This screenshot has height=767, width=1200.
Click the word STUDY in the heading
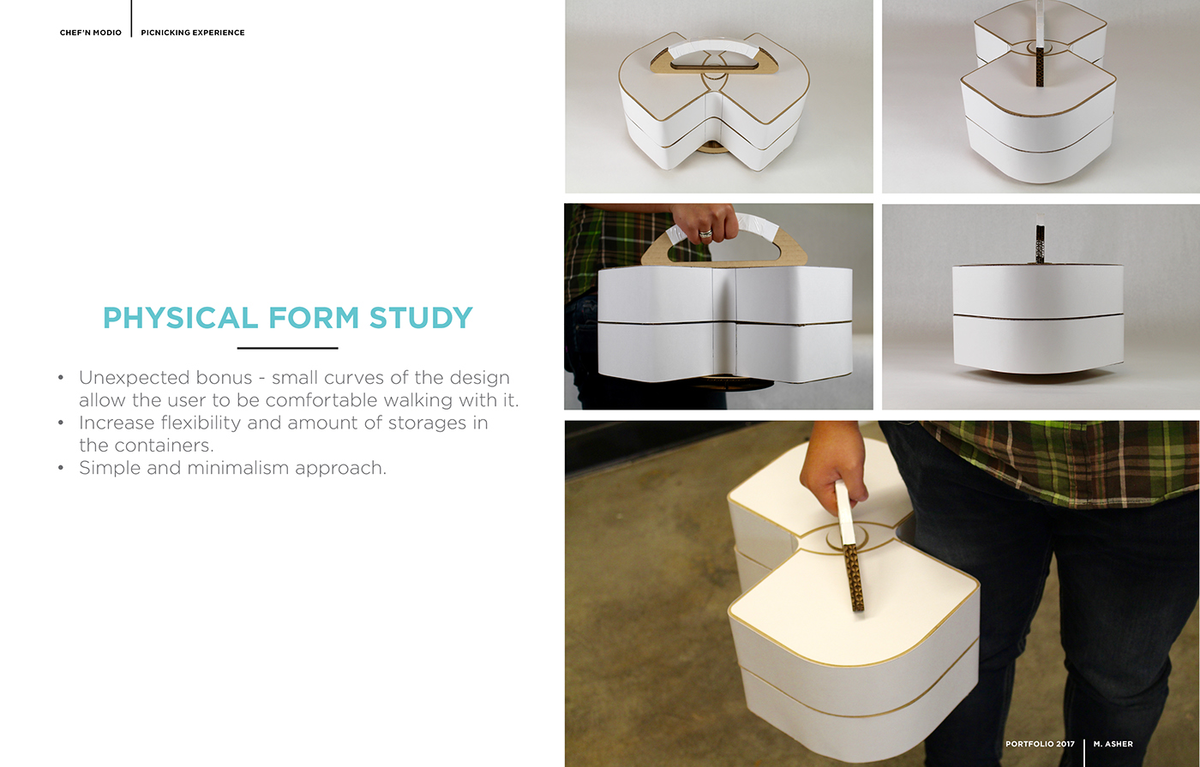(x=421, y=318)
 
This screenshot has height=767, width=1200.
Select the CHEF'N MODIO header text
(x=91, y=33)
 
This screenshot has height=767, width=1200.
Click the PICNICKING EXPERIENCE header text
(x=193, y=33)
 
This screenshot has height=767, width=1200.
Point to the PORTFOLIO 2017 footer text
(x=1040, y=744)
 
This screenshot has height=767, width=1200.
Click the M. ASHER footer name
(x=1113, y=744)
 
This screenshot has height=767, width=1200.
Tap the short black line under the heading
(x=287, y=348)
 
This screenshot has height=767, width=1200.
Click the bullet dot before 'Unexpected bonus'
(x=61, y=378)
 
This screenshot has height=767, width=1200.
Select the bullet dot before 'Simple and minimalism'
(x=61, y=468)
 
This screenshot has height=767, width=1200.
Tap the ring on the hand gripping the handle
(x=705, y=232)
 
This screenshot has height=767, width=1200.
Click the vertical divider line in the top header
(x=132, y=19)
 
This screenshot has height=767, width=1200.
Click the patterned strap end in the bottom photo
(x=853, y=578)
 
